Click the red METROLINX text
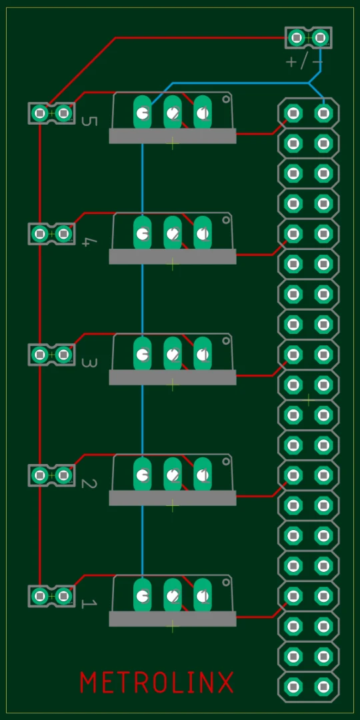click(157, 683)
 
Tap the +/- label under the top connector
click(304, 62)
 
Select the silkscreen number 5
click(89, 121)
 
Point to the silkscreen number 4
click(86, 241)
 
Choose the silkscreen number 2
click(89, 483)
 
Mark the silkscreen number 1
click(89, 604)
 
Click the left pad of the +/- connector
click(297, 37)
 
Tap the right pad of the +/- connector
click(321, 37)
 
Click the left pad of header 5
click(40, 113)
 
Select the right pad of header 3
click(63, 355)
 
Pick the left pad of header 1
click(40, 596)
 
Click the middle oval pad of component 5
click(173, 112)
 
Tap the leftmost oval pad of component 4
click(143, 233)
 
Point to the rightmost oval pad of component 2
click(203, 475)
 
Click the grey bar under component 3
click(173, 377)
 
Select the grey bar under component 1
click(173, 619)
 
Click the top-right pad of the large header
click(323, 113)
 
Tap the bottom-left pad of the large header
click(293, 687)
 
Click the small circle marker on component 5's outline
click(226, 99)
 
